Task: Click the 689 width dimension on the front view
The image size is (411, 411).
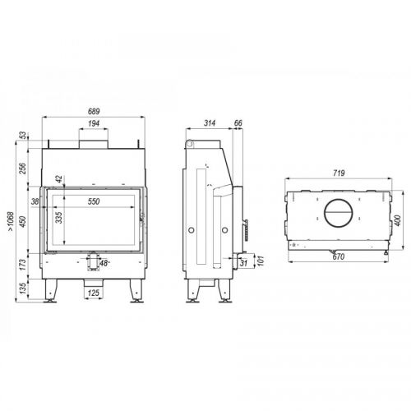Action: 94,112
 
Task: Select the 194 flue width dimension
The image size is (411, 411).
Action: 94,123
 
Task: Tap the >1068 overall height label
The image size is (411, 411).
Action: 11,221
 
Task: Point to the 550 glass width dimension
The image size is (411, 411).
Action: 94,201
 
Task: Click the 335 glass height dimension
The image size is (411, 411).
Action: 59,218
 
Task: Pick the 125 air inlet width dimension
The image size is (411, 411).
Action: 94,293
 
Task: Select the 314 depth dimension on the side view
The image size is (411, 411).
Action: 210,123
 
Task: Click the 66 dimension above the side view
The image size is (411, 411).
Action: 238,123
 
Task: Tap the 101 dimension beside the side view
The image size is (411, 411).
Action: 261,261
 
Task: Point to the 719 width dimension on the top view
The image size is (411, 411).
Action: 339,173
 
